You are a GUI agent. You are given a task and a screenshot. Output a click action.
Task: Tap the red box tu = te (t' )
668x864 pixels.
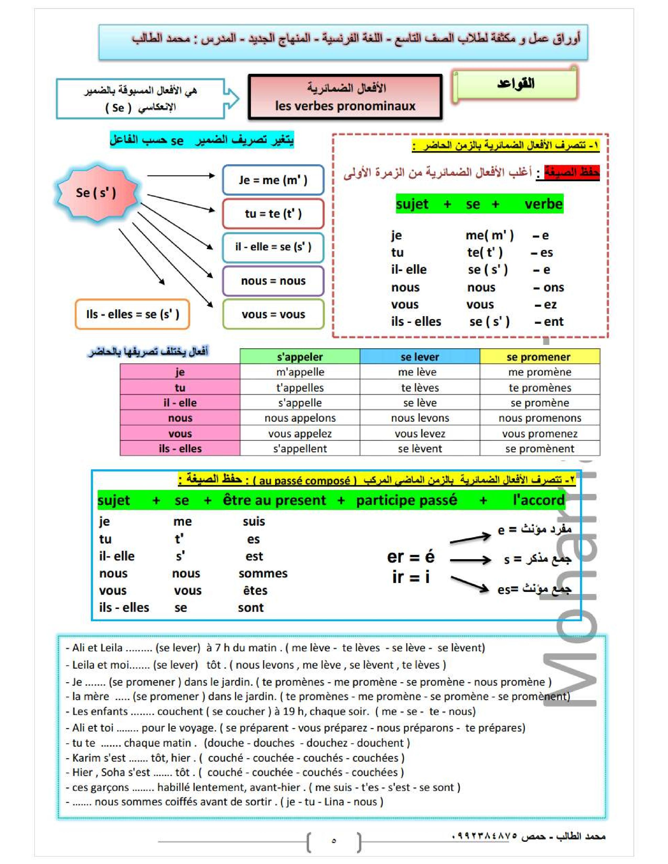tap(273, 214)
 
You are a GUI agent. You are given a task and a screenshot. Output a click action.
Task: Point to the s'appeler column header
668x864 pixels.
tap(300, 357)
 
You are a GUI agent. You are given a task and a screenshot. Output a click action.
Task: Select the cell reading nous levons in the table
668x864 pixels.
tap(420, 418)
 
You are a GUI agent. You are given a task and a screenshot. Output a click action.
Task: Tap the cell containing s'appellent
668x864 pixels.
tap(300, 449)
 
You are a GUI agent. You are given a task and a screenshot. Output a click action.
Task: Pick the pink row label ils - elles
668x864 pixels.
tap(180, 449)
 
